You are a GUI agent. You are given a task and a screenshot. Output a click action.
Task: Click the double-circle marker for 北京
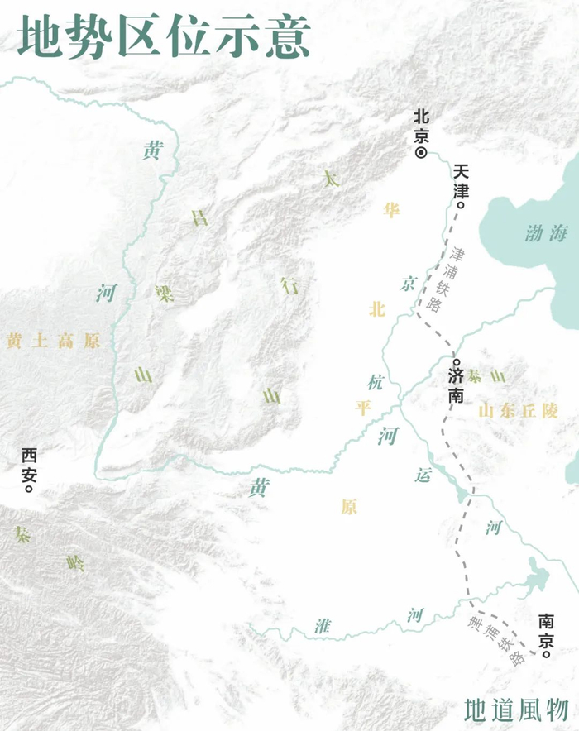tap(420, 152)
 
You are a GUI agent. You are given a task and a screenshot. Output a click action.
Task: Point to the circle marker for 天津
tap(461, 205)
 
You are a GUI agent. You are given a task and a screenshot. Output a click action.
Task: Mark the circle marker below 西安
tap(30, 488)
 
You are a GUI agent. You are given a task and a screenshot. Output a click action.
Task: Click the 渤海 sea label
tap(546, 234)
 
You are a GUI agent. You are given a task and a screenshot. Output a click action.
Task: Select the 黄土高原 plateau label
tap(53, 341)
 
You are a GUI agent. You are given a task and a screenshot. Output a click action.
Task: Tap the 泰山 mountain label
tap(486, 376)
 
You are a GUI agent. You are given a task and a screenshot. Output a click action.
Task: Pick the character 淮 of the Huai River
tap(323, 626)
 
